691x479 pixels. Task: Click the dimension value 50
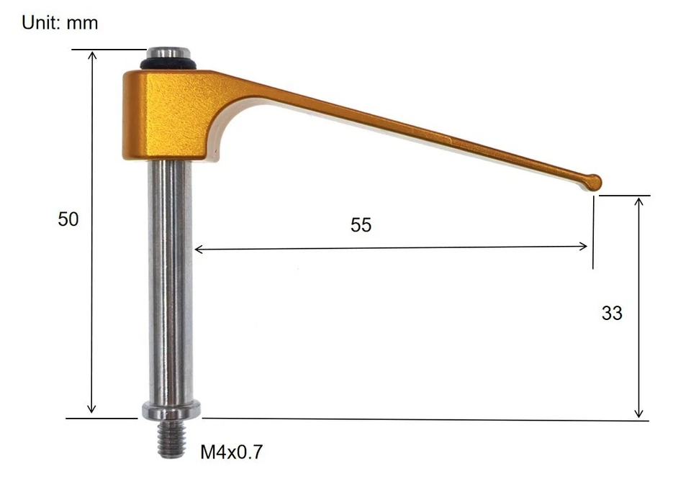[68, 219]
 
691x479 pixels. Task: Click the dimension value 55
[361, 225]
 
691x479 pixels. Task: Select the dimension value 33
[611, 314]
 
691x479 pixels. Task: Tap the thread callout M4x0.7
[232, 452]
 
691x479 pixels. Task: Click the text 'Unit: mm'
[60, 23]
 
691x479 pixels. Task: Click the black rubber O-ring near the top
[170, 65]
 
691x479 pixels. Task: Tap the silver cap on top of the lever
[170, 54]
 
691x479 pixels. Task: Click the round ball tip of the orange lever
[594, 182]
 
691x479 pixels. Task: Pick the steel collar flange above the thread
[171, 411]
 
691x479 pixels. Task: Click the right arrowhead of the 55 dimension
[584, 247]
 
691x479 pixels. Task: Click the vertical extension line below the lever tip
[593, 230]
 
